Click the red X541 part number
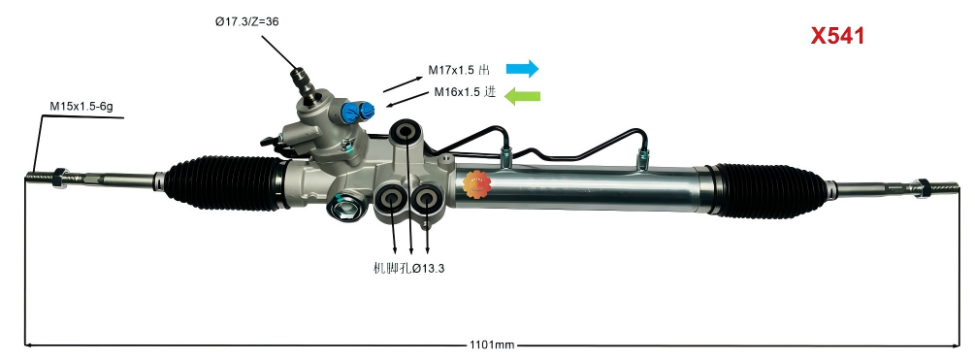click(x=837, y=37)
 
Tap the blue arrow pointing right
click(x=522, y=69)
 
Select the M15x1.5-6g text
click(x=81, y=106)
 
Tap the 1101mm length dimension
click(x=492, y=344)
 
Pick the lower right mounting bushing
click(x=426, y=200)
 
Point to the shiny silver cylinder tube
click(x=582, y=184)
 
